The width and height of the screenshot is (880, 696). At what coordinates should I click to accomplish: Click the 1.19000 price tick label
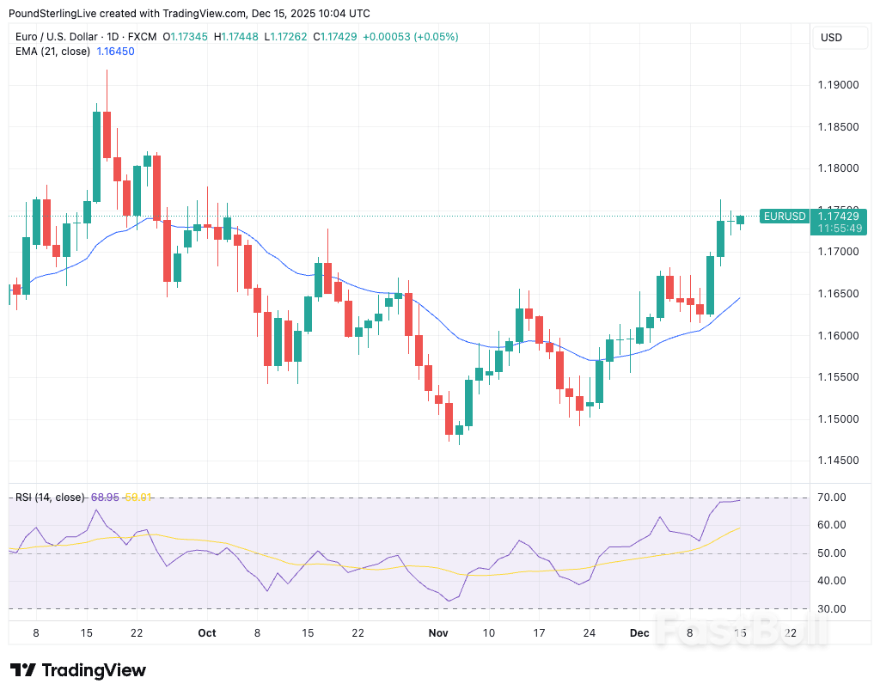[837, 85]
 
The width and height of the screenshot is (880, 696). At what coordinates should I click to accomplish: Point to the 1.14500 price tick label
[837, 461]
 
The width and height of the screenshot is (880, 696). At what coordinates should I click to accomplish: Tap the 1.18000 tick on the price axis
[837, 168]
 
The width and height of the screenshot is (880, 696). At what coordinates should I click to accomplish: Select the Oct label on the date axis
[206, 633]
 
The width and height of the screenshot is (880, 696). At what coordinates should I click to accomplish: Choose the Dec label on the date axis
[639, 633]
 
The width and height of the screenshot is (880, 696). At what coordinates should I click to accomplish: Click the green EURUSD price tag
[785, 217]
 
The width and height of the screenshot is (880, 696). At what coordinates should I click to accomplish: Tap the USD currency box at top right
[831, 38]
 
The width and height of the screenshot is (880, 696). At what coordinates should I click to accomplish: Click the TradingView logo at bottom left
[77, 671]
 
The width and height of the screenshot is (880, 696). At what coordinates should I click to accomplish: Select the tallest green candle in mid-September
[97, 156]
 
